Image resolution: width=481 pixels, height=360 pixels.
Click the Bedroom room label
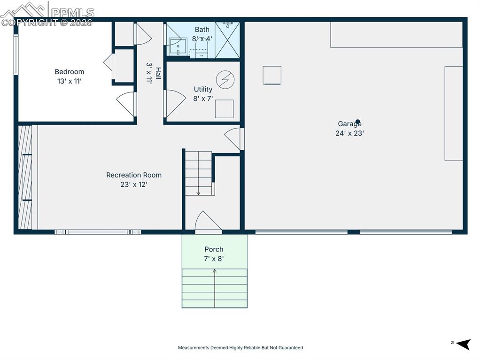(x=70, y=72)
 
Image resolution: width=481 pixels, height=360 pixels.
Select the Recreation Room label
(x=134, y=175)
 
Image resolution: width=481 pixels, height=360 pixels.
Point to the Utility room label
(x=203, y=89)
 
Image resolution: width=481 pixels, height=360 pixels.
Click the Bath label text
(x=202, y=30)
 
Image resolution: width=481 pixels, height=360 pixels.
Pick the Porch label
(x=214, y=249)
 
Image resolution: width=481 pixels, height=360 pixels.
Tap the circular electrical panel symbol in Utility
(x=224, y=79)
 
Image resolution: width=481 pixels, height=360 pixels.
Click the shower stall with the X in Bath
(x=227, y=39)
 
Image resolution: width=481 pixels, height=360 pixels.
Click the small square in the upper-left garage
(x=272, y=75)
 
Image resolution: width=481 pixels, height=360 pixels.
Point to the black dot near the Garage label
(x=357, y=121)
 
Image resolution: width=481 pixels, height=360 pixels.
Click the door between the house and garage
(x=234, y=138)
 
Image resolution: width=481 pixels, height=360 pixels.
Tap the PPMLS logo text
(x=72, y=12)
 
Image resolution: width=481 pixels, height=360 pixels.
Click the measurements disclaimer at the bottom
(x=240, y=348)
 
